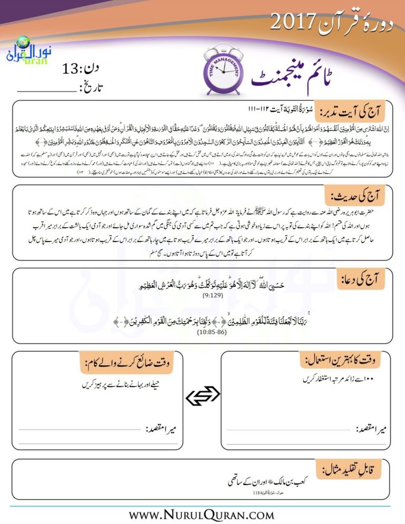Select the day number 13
coord(70,69)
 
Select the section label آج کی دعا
coord(363,278)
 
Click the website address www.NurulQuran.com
coord(202,513)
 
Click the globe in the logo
coord(23,42)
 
